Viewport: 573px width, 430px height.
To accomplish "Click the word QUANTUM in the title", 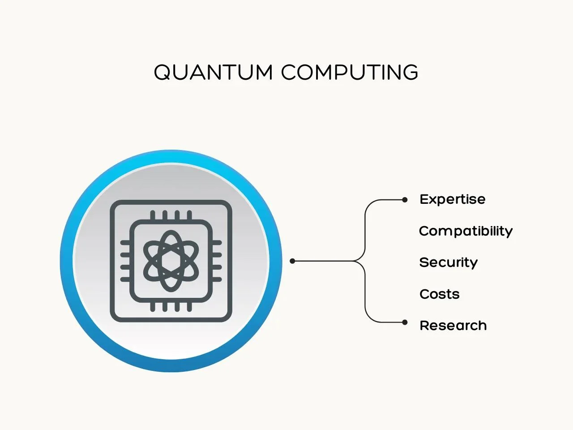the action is pos(213,72).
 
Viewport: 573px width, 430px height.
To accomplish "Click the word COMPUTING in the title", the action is pos(350,72).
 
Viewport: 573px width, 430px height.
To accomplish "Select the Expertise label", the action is pos(453,200).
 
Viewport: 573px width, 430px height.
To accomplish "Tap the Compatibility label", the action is pos(466,232).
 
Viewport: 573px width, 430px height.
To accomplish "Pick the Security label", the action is pos(448,262).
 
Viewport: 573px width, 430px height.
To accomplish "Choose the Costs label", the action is pos(439,294).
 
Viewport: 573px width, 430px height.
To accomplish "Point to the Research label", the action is pos(453,326).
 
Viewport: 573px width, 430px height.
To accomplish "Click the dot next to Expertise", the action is pos(405,200).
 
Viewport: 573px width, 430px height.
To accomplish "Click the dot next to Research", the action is pos(405,322).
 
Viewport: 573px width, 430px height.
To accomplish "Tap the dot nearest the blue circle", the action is pos(292,261).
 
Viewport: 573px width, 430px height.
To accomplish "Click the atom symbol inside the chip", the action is pos(171,261).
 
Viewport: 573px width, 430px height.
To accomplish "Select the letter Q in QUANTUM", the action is pos(163,72).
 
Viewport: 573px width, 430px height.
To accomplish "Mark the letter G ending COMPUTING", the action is pos(409,72).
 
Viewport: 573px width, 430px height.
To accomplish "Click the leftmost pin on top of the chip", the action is pos(153,215).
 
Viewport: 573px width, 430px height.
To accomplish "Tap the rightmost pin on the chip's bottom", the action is pos(189,306).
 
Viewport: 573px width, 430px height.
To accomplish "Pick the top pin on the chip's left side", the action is pos(125,242).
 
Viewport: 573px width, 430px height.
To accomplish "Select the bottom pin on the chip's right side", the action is pos(216,279).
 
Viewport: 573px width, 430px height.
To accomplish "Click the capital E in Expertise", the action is pos(424,199).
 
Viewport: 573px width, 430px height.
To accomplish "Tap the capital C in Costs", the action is pos(425,294).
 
